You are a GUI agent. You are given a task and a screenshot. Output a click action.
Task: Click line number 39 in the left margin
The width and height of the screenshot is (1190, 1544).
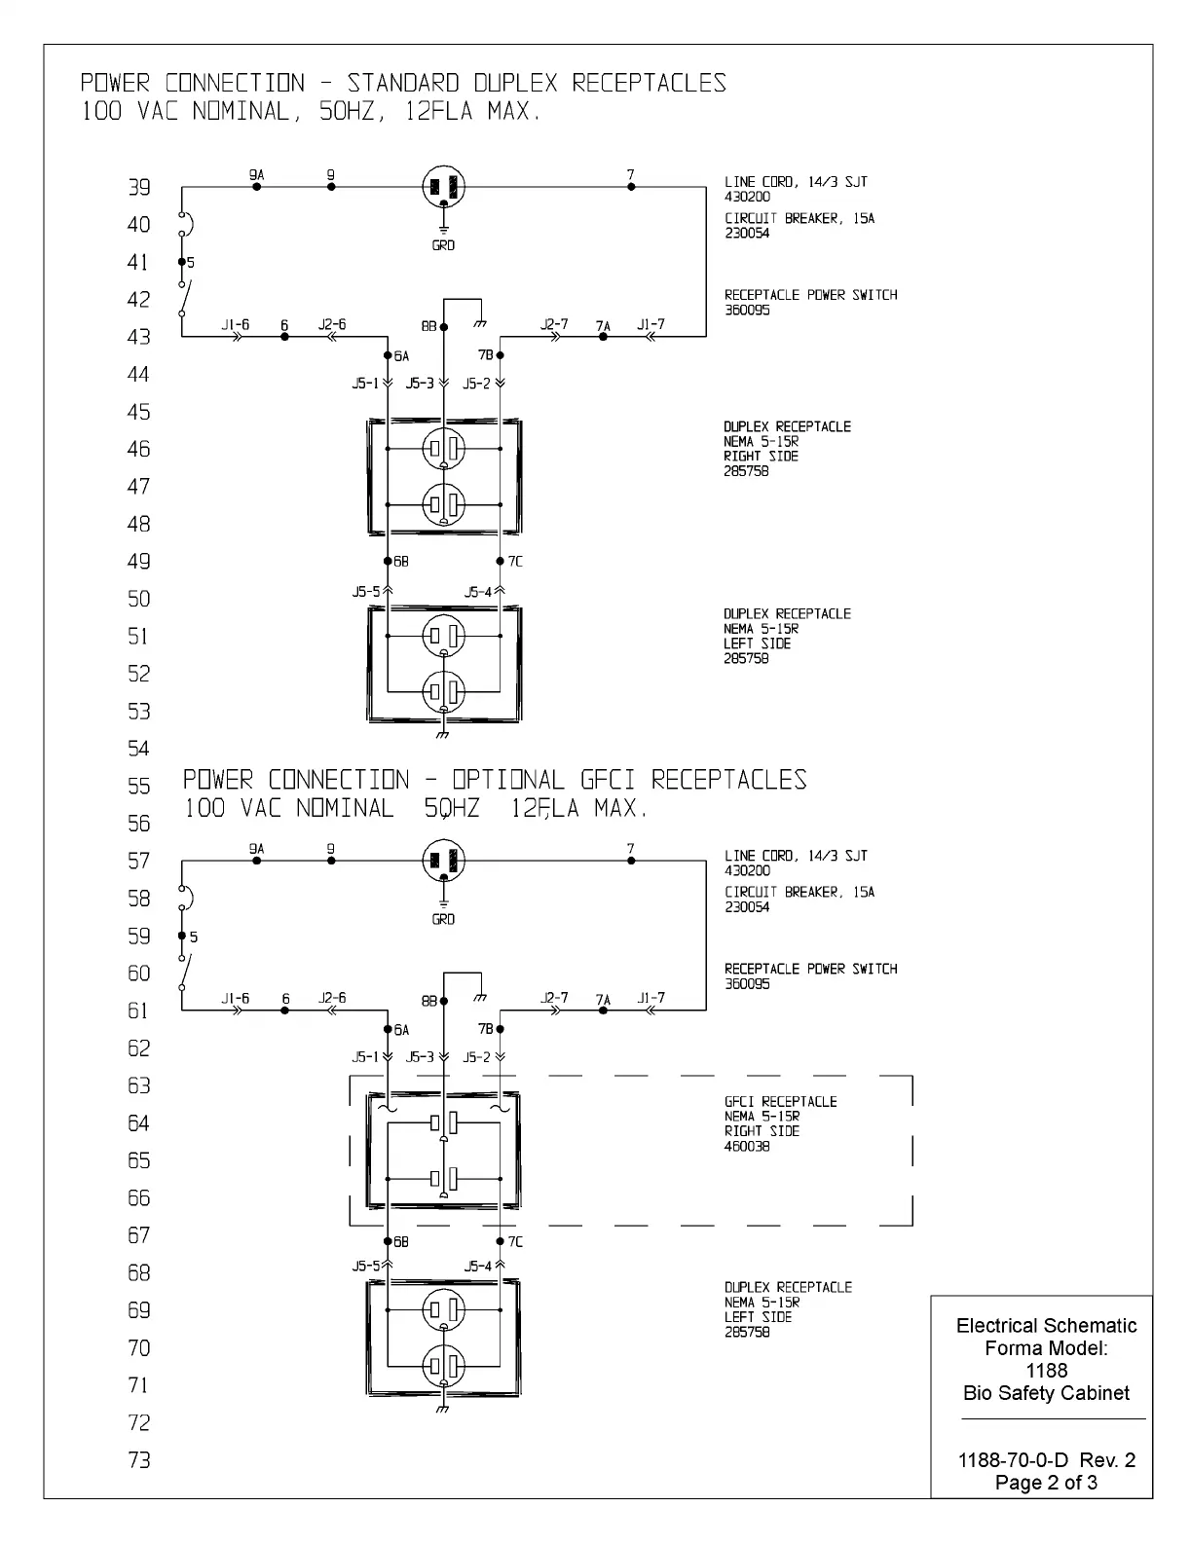pos(139,187)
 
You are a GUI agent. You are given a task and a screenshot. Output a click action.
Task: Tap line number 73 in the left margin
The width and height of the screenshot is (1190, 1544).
pos(139,1459)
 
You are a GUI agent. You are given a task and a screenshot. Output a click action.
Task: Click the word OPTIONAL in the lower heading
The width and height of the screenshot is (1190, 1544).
pos(507,780)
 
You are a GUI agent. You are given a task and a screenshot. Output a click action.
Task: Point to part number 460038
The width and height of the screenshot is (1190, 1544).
pos(747,1146)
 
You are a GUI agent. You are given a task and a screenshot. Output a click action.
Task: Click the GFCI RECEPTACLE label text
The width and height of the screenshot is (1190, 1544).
pos(780,1101)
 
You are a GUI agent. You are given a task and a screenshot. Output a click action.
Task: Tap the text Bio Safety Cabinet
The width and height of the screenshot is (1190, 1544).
pos(1046,1392)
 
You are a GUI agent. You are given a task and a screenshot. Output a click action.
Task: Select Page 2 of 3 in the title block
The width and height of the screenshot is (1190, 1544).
pos(1046,1482)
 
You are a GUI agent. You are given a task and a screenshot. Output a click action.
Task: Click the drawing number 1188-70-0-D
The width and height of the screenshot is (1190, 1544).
pos(1014,1459)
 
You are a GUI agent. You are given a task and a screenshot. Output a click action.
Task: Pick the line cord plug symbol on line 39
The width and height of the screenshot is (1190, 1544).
pos(443,186)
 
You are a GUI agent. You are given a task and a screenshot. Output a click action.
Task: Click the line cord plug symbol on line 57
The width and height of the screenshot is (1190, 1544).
pos(443,861)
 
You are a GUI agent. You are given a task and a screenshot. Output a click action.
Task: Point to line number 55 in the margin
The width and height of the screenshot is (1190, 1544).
pos(139,786)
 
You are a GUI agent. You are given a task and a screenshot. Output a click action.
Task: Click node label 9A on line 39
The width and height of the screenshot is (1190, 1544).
pos(256,174)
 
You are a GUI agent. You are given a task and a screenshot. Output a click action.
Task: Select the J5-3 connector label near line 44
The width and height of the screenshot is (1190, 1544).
pos(420,384)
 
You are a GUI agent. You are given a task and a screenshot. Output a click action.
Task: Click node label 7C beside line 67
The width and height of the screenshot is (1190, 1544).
pos(515,1241)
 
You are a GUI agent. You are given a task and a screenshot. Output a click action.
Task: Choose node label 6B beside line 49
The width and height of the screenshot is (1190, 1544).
pos(401,562)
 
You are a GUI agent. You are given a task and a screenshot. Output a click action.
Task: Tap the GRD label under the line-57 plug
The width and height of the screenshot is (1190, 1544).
pos(443,919)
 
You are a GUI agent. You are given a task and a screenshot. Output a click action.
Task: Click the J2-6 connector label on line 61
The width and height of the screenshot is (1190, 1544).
pos(332,998)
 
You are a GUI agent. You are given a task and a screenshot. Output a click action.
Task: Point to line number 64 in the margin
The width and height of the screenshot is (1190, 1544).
pos(139,1122)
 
